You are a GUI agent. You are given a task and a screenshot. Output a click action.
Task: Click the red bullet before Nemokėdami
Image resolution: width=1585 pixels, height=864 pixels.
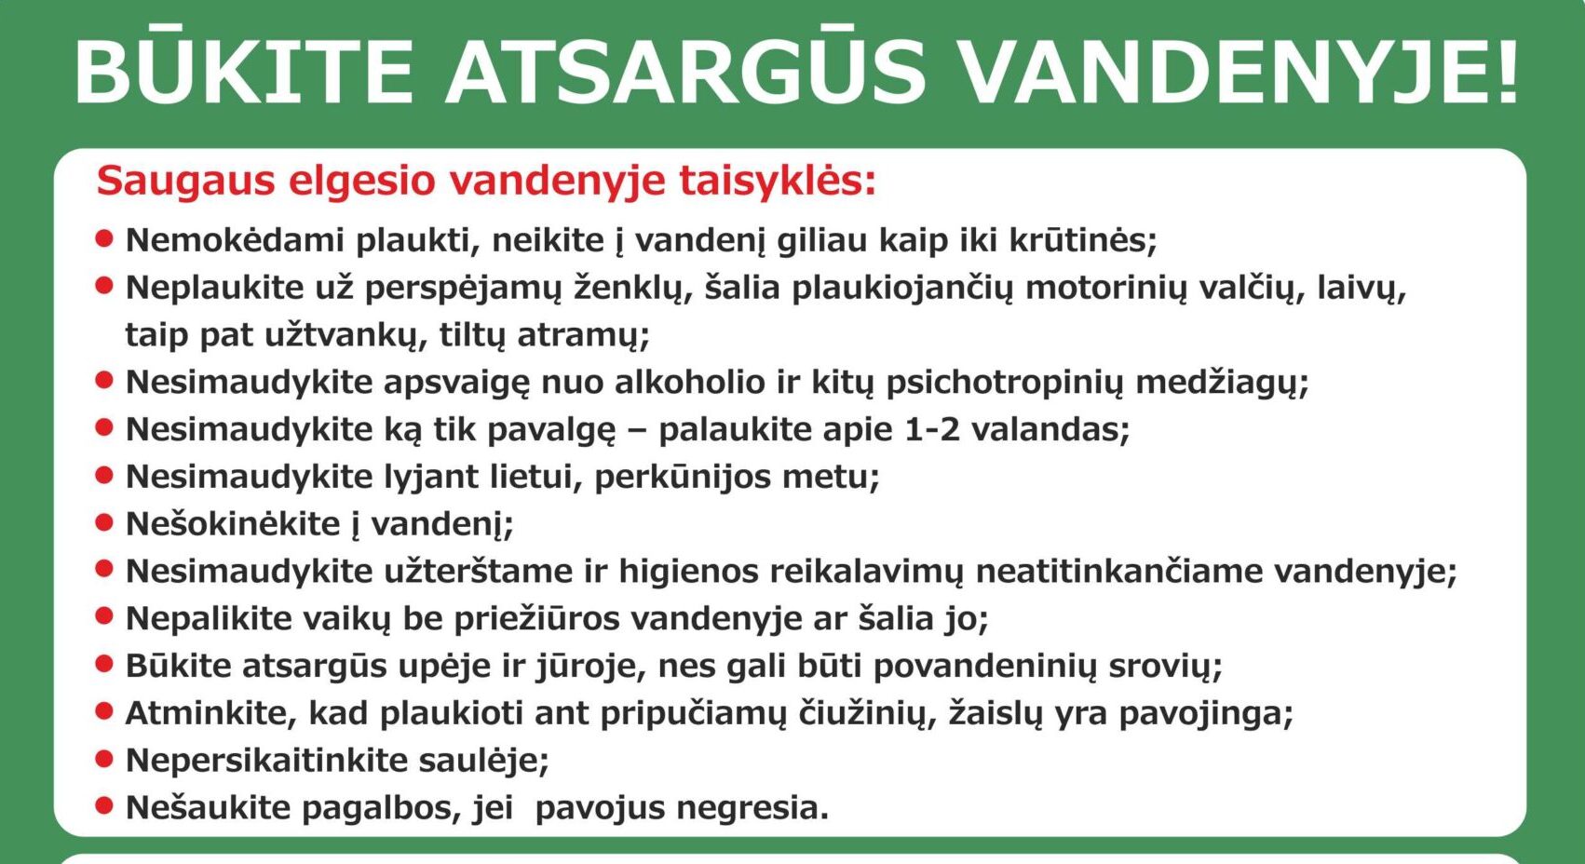tap(104, 238)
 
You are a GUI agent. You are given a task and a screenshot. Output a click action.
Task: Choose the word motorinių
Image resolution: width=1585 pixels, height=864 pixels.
tap(1105, 289)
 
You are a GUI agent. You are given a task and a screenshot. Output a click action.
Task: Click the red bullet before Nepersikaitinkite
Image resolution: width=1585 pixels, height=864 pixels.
tap(104, 760)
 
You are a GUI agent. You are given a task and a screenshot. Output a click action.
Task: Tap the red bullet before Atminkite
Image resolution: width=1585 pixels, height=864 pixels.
tap(104, 711)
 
